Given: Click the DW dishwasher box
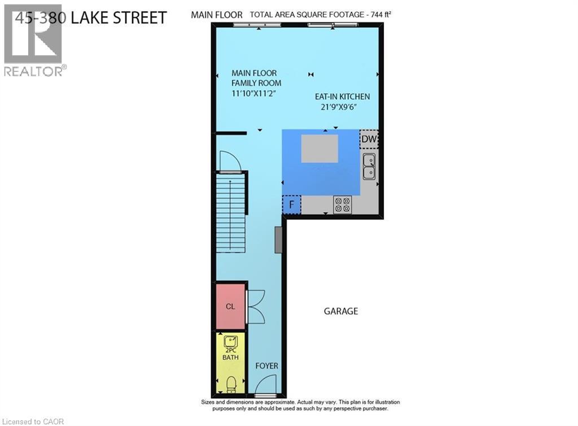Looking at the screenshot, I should (369, 139).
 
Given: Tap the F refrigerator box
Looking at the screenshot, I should (292, 204).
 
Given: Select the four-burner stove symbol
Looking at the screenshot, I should (342, 203).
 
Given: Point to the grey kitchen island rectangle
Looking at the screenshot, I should (319, 149).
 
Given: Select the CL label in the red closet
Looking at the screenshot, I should (230, 307).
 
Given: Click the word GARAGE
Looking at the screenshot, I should (341, 311).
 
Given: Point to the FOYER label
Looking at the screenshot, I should (267, 366).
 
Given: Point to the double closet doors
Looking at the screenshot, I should (255, 307).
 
